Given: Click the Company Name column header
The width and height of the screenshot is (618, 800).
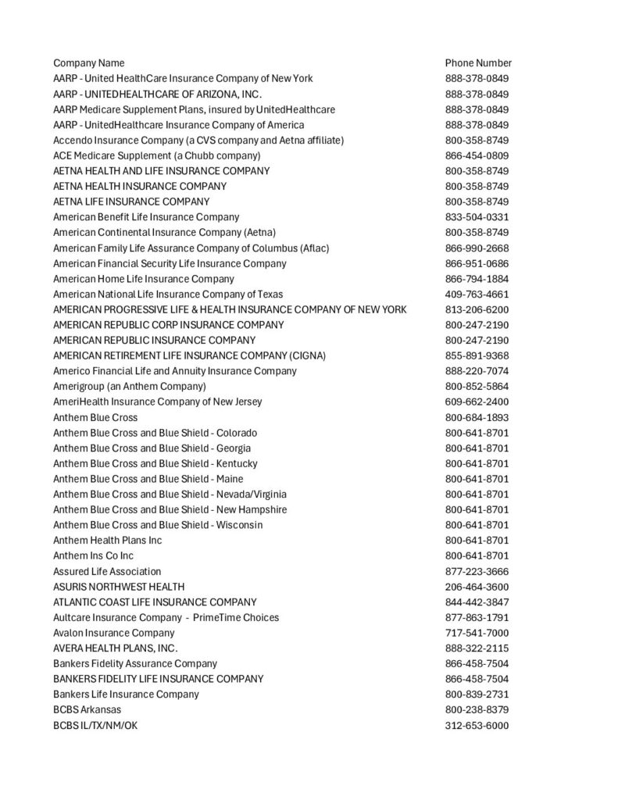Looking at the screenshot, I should (88, 62).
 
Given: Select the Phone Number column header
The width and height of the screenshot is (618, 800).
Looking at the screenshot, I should (478, 62).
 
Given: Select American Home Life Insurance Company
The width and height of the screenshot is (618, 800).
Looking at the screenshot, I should (143, 279).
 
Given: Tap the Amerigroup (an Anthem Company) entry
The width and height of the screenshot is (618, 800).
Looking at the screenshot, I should (130, 387).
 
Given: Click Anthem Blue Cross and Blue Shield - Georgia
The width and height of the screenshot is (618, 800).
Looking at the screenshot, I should (152, 448).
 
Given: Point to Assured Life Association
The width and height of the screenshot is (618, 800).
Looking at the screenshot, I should (107, 571).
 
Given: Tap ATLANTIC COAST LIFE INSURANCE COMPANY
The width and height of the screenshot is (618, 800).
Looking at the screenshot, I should (155, 602).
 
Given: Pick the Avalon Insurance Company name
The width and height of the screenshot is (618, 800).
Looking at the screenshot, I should (114, 633).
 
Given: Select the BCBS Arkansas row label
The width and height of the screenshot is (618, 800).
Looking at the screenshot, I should (87, 710).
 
